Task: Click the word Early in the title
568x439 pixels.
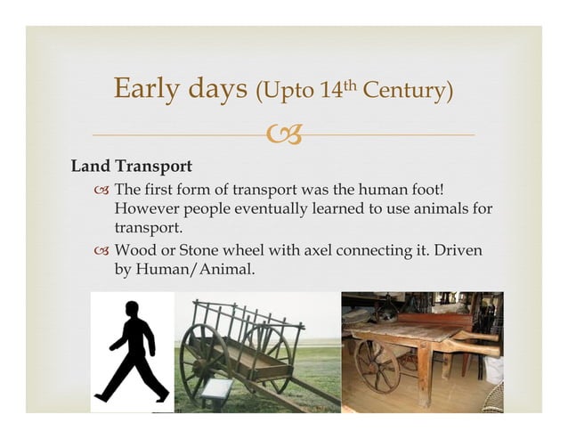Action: point(148,90)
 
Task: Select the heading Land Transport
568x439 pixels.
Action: point(132,167)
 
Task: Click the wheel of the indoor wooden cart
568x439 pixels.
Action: point(377,363)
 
